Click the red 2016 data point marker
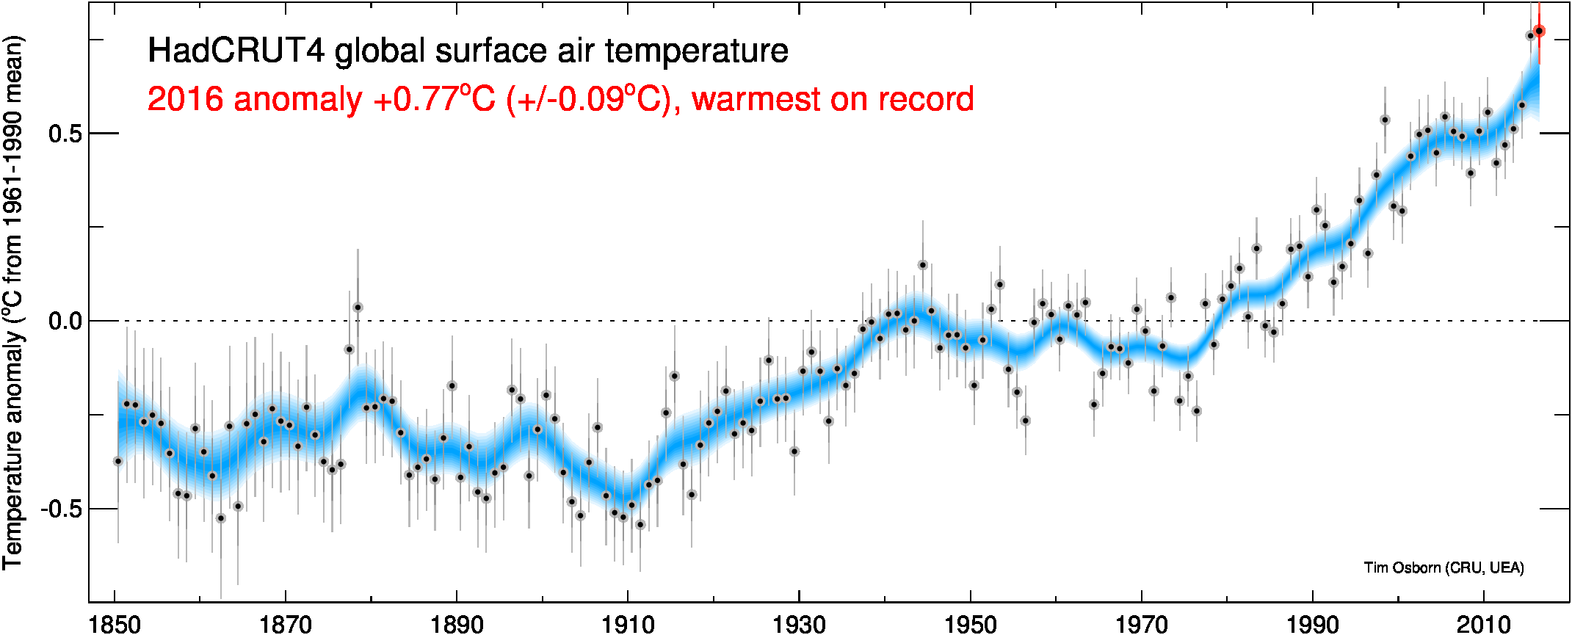pyautogui.click(x=1539, y=31)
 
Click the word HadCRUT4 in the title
pyautogui.click(x=236, y=51)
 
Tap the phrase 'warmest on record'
pyautogui.click(x=833, y=99)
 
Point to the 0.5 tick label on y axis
pyautogui.click(x=64, y=134)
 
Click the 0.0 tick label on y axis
pyautogui.click(x=64, y=322)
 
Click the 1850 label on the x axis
pyautogui.click(x=115, y=625)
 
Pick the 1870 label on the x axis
pyautogui.click(x=286, y=625)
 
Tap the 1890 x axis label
pyautogui.click(x=457, y=625)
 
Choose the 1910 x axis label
pyautogui.click(x=628, y=625)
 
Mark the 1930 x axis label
pyautogui.click(x=799, y=625)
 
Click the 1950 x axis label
pyautogui.click(x=971, y=625)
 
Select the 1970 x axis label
pyautogui.click(x=1142, y=625)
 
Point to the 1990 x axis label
pyautogui.click(x=1313, y=625)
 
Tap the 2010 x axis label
pyautogui.click(x=1484, y=625)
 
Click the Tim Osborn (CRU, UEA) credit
pyautogui.click(x=1444, y=567)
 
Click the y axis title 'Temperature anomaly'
pyautogui.click(x=13, y=448)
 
